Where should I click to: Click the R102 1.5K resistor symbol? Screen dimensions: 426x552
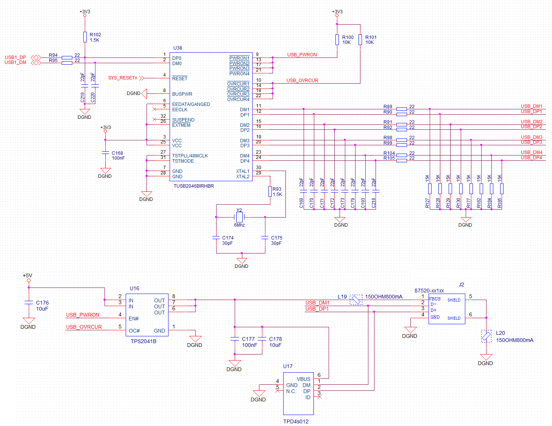click(x=85, y=37)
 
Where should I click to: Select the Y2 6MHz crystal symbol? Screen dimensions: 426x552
click(x=239, y=217)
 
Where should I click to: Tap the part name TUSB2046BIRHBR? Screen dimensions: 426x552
click(x=193, y=186)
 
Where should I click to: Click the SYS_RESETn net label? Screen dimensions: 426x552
click(x=123, y=78)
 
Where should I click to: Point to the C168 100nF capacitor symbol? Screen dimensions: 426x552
click(x=105, y=153)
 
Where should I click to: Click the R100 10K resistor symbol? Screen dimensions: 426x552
click(x=337, y=40)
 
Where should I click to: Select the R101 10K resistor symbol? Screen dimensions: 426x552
click(x=360, y=40)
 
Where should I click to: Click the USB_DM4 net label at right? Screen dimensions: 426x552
click(x=531, y=152)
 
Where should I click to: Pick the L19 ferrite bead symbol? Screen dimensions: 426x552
click(x=356, y=300)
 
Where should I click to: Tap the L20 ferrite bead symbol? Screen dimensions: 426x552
click(x=486, y=336)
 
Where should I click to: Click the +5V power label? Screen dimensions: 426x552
click(x=27, y=276)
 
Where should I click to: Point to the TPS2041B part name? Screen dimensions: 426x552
click(x=143, y=341)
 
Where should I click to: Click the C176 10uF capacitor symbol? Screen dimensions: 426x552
click(x=29, y=303)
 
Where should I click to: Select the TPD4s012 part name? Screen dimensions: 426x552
click(x=296, y=421)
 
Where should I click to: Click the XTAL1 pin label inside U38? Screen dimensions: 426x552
click(x=243, y=171)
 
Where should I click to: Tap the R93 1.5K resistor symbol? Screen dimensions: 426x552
click(x=270, y=191)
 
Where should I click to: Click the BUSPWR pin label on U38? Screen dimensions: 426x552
click(x=182, y=94)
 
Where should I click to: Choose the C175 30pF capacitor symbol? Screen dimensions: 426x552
click(x=265, y=238)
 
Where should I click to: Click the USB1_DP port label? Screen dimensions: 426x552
click(x=16, y=58)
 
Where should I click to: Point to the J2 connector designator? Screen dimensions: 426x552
click(x=461, y=285)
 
